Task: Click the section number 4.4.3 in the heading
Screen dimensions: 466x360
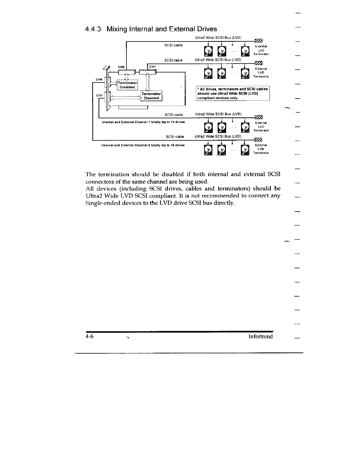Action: click(93, 29)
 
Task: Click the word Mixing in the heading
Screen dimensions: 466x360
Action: click(116, 29)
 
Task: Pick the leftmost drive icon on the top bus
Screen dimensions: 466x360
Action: click(208, 51)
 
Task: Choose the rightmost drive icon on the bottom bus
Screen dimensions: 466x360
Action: click(245, 150)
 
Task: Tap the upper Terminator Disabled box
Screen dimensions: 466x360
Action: click(127, 85)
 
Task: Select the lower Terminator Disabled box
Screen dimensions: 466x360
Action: click(151, 96)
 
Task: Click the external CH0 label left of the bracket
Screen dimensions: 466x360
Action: click(99, 79)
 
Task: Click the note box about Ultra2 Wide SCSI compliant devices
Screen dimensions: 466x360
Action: click(233, 93)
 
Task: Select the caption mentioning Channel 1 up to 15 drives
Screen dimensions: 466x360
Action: click(143, 122)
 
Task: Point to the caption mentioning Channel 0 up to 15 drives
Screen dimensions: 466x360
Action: click(143, 145)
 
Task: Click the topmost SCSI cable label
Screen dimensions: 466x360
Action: click(173, 45)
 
